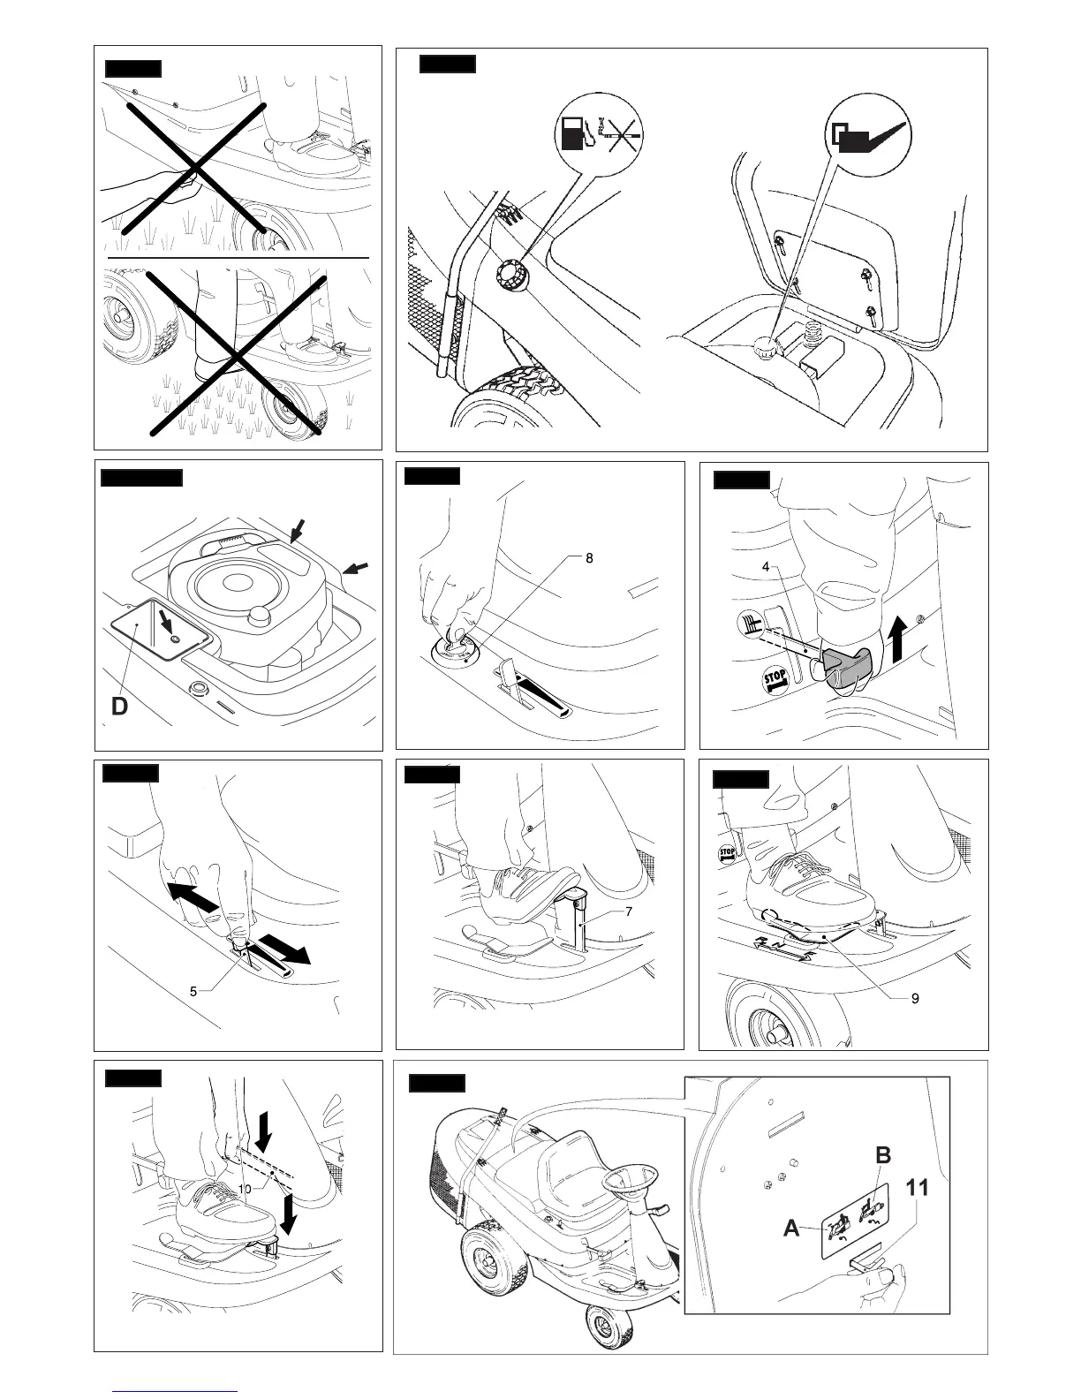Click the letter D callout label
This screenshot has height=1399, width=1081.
120,707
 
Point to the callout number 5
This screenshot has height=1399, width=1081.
193,991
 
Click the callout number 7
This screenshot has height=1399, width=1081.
628,911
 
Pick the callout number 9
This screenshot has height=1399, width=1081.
915,998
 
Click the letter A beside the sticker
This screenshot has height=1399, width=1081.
791,1228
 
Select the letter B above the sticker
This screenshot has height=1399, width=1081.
882,1155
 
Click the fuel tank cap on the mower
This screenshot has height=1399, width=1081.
511,268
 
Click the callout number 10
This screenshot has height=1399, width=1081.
245,1190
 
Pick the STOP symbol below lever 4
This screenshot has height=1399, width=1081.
775,680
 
